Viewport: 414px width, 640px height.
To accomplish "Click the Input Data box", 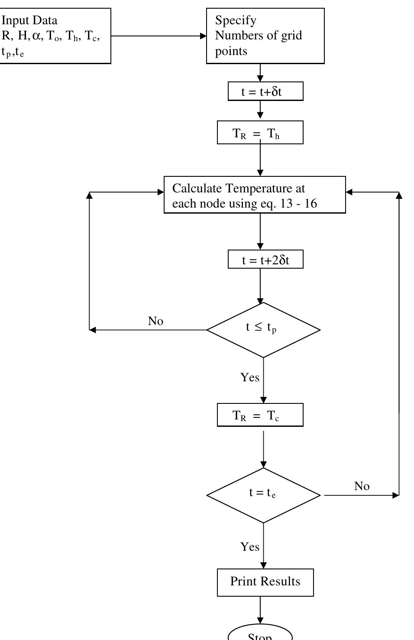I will tap(55, 36).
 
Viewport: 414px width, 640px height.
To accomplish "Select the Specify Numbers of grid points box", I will tap(265, 36).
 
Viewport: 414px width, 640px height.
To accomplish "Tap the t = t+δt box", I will tap(265, 91).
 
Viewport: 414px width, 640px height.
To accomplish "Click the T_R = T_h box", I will tap(260, 133).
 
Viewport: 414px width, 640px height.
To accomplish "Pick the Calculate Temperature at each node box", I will tap(255, 195).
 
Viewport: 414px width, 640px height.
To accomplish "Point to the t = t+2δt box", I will tap(265, 260).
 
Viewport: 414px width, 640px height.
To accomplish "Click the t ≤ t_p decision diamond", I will tap(263, 330).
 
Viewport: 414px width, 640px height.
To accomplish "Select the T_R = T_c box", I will tap(260, 415).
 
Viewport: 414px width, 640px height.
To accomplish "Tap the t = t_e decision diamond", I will tap(263, 495).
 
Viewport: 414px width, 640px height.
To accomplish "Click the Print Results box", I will tap(265, 582).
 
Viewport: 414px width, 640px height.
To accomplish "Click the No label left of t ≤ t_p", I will tap(155, 321).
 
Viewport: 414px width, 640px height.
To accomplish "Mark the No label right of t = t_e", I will tap(362, 486).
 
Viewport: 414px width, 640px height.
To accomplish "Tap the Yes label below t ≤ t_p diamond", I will tap(250, 377).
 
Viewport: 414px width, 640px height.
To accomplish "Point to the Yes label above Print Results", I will tap(250, 547).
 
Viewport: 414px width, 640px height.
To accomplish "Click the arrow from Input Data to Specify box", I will tap(158, 36).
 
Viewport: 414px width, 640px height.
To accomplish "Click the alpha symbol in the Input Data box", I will tap(36, 36).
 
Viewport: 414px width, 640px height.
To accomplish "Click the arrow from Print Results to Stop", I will tap(260, 610).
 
